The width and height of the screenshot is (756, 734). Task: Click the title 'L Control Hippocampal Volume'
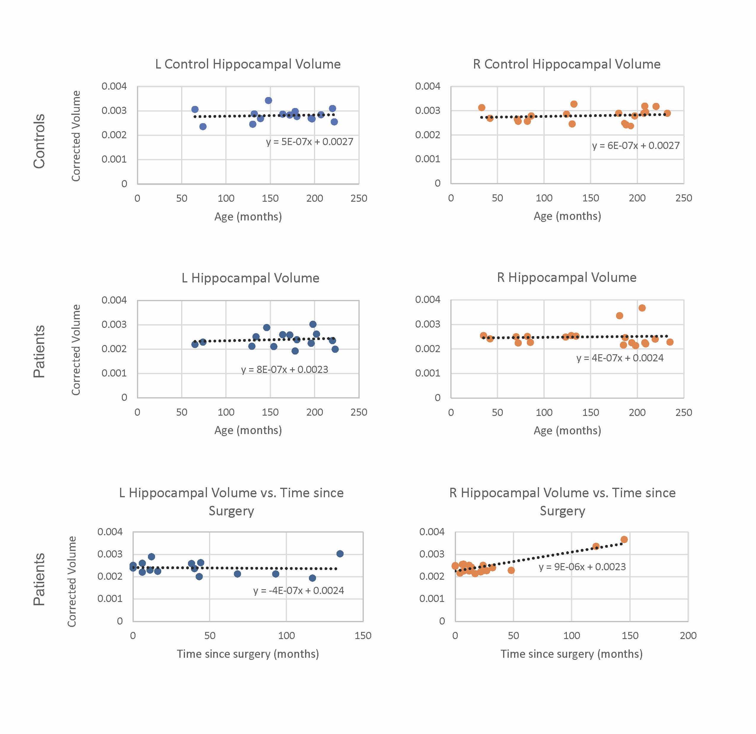point(248,64)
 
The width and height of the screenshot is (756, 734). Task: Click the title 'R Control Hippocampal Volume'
point(567,64)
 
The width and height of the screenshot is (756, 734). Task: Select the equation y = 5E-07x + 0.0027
point(309,142)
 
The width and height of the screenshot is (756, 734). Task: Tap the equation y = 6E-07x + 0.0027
point(636,145)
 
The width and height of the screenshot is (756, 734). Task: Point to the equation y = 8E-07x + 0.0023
point(285,369)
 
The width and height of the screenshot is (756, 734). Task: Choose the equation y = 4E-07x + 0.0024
point(620,358)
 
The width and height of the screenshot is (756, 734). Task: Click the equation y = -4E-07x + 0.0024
point(299,590)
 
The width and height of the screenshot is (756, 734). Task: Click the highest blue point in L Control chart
point(269,101)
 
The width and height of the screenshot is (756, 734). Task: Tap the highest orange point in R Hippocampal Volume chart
point(642,308)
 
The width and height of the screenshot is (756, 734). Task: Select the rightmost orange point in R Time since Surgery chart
point(624,539)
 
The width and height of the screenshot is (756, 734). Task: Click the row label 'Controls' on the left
point(39,141)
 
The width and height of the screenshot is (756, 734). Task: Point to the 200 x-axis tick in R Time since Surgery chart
point(688,636)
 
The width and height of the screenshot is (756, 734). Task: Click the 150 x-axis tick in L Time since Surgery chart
point(363,636)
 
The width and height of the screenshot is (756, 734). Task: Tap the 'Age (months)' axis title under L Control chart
point(248,217)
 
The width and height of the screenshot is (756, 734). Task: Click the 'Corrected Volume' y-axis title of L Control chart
point(76,136)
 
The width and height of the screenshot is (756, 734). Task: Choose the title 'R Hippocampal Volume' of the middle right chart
point(567,277)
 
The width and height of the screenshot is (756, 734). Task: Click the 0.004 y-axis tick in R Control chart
point(428,86)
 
